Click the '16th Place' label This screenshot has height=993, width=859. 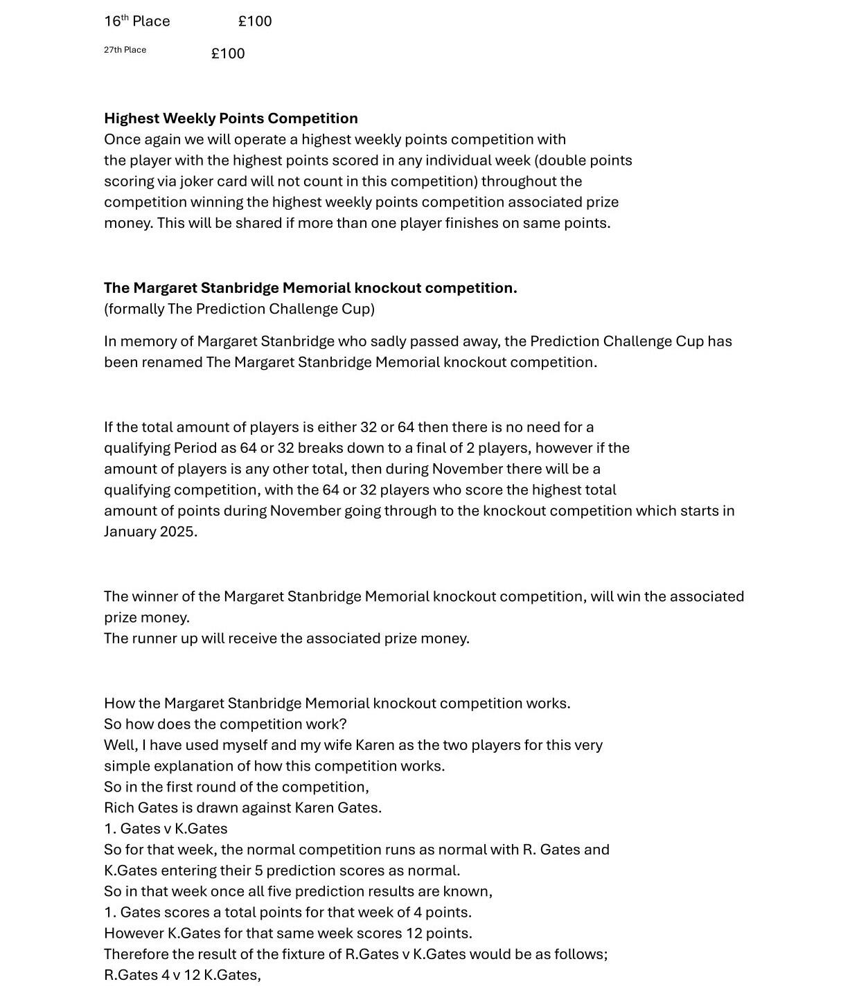[137, 21]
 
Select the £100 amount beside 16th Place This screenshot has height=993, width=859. [255, 21]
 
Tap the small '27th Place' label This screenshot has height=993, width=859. [125, 50]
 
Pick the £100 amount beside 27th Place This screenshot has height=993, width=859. [228, 54]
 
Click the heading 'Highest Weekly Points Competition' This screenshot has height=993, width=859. [231, 118]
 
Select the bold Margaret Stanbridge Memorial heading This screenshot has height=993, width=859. [310, 288]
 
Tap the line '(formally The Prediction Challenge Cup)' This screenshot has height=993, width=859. [239, 309]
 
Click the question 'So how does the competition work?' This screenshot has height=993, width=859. [225, 724]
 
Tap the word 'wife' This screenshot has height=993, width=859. [335, 745]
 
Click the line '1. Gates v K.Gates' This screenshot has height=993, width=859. [166, 829]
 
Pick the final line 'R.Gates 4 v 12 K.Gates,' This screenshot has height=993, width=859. [182, 975]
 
